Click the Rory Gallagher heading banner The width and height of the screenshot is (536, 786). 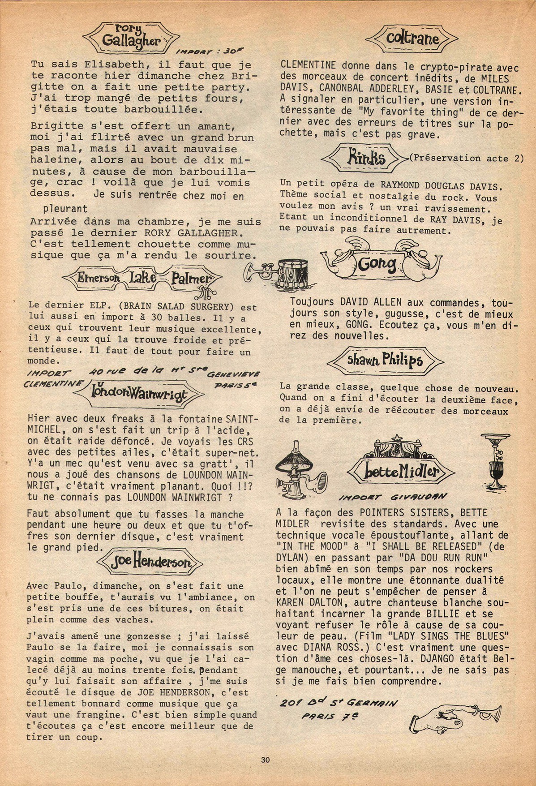coord(130,39)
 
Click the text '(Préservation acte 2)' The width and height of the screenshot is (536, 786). coord(466,158)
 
